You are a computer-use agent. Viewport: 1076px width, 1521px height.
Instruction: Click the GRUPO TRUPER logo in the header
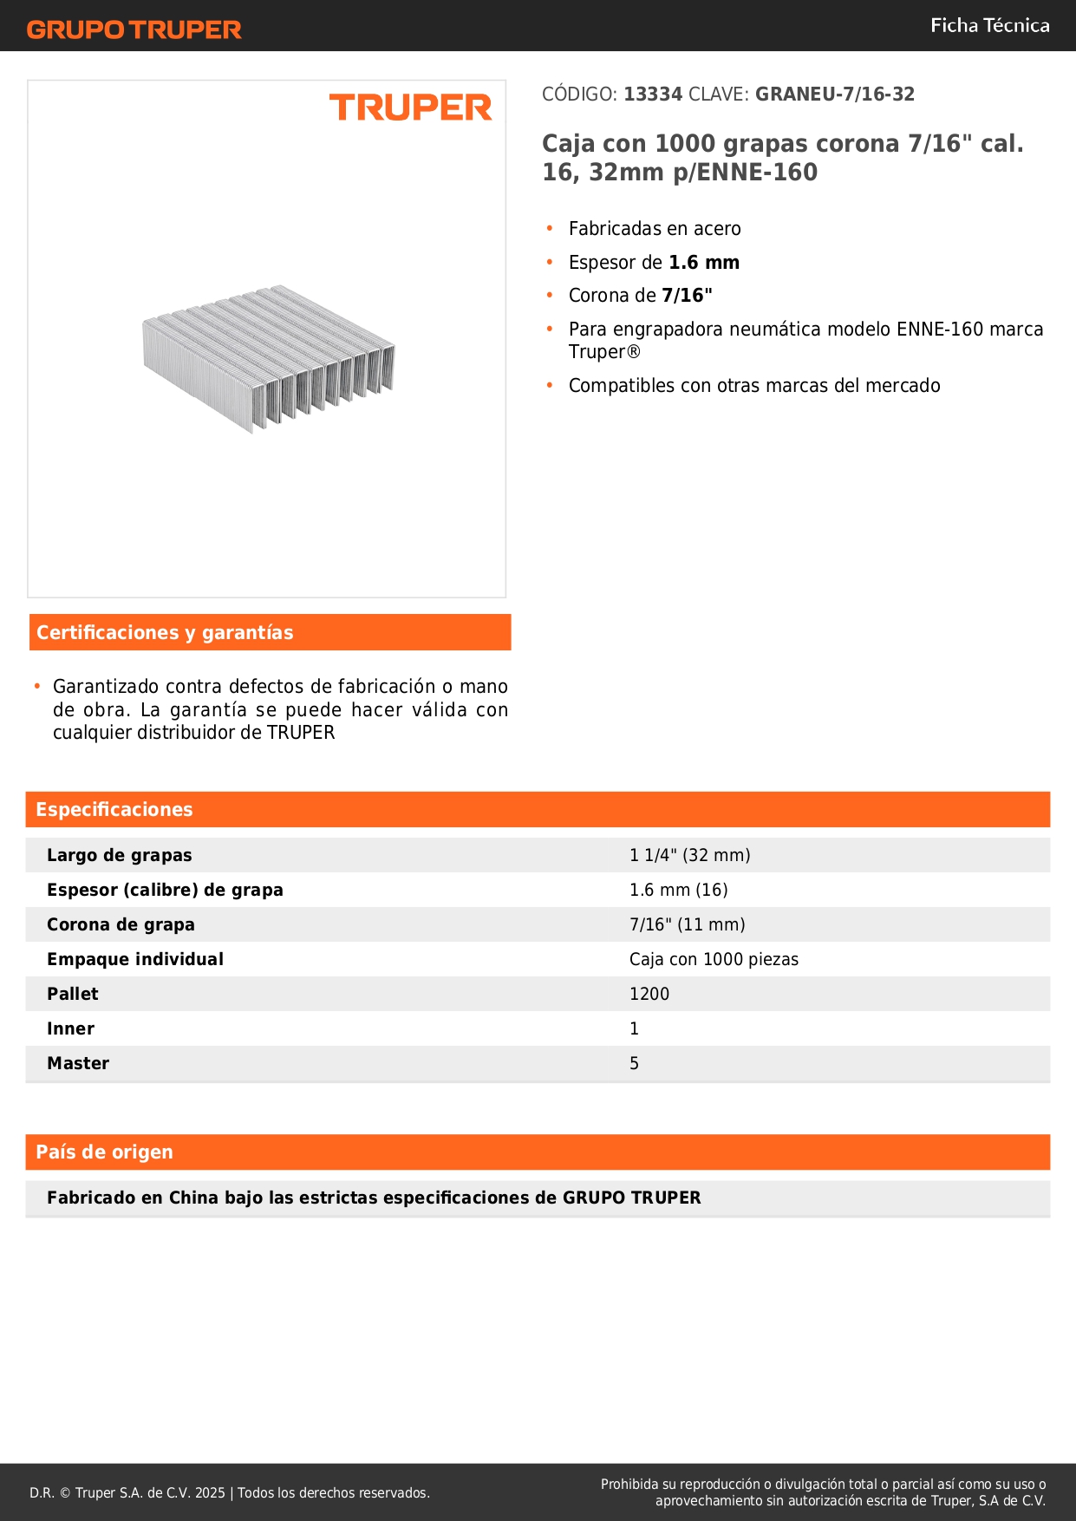click(134, 29)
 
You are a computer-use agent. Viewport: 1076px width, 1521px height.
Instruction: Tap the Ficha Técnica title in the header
click(989, 26)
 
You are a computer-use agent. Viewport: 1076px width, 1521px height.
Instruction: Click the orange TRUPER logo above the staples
click(410, 108)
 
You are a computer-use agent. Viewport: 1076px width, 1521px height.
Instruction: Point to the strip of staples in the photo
click(269, 357)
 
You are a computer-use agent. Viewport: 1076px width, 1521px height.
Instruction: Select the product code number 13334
click(653, 95)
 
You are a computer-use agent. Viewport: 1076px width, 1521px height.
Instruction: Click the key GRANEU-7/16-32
click(834, 95)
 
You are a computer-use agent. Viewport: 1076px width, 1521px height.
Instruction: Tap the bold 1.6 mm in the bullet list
click(704, 263)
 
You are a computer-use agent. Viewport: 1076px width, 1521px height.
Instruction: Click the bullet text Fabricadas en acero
click(655, 229)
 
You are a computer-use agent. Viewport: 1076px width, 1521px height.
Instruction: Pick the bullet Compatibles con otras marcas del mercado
click(754, 386)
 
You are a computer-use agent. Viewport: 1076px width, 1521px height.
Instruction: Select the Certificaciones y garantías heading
click(165, 633)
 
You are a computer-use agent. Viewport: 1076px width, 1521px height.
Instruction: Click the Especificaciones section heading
click(114, 810)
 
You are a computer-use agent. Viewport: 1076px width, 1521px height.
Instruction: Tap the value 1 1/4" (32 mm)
click(689, 856)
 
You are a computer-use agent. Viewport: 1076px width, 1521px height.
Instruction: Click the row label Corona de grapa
click(121, 925)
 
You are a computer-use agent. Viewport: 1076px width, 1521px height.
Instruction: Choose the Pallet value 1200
click(649, 995)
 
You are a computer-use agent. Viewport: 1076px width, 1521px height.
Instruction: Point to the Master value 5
click(634, 1064)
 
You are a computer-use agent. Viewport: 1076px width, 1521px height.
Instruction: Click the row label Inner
click(70, 1029)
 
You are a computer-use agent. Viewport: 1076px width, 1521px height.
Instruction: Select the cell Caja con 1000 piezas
click(714, 960)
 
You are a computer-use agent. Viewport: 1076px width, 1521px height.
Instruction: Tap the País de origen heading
click(104, 1152)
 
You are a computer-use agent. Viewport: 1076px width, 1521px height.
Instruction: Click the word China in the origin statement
click(193, 1198)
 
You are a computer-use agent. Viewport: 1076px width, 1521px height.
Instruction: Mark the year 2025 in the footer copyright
click(210, 1493)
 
